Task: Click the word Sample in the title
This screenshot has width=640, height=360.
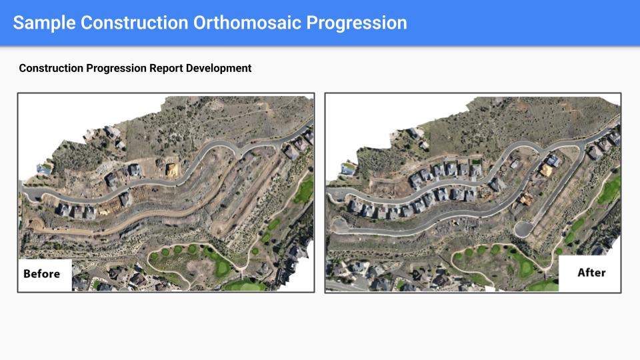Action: tap(44, 23)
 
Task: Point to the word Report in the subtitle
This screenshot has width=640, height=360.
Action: tap(166, 68)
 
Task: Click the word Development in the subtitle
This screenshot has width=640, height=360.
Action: tap(219, 68)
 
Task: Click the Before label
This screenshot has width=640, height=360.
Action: tap(41, 273)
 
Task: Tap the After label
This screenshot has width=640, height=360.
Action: tap(591, 272)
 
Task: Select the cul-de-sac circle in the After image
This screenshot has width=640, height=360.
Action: tap(523, 229)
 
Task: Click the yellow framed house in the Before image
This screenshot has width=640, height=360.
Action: tap(172, 170)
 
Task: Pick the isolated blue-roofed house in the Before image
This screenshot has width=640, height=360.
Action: tap(44, 169)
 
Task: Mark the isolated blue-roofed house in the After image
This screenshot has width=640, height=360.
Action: tap(348, 168)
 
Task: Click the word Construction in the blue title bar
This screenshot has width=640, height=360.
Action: tap(134, 23)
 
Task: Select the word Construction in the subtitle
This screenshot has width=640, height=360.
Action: tap(51, 68)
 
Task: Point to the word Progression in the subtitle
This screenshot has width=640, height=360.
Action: tap(116, 68)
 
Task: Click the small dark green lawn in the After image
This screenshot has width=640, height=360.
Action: tap(476, 162)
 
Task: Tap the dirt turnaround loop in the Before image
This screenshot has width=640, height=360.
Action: tap(36, 223)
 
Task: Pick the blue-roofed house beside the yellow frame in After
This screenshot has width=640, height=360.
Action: tap(553, 160)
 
